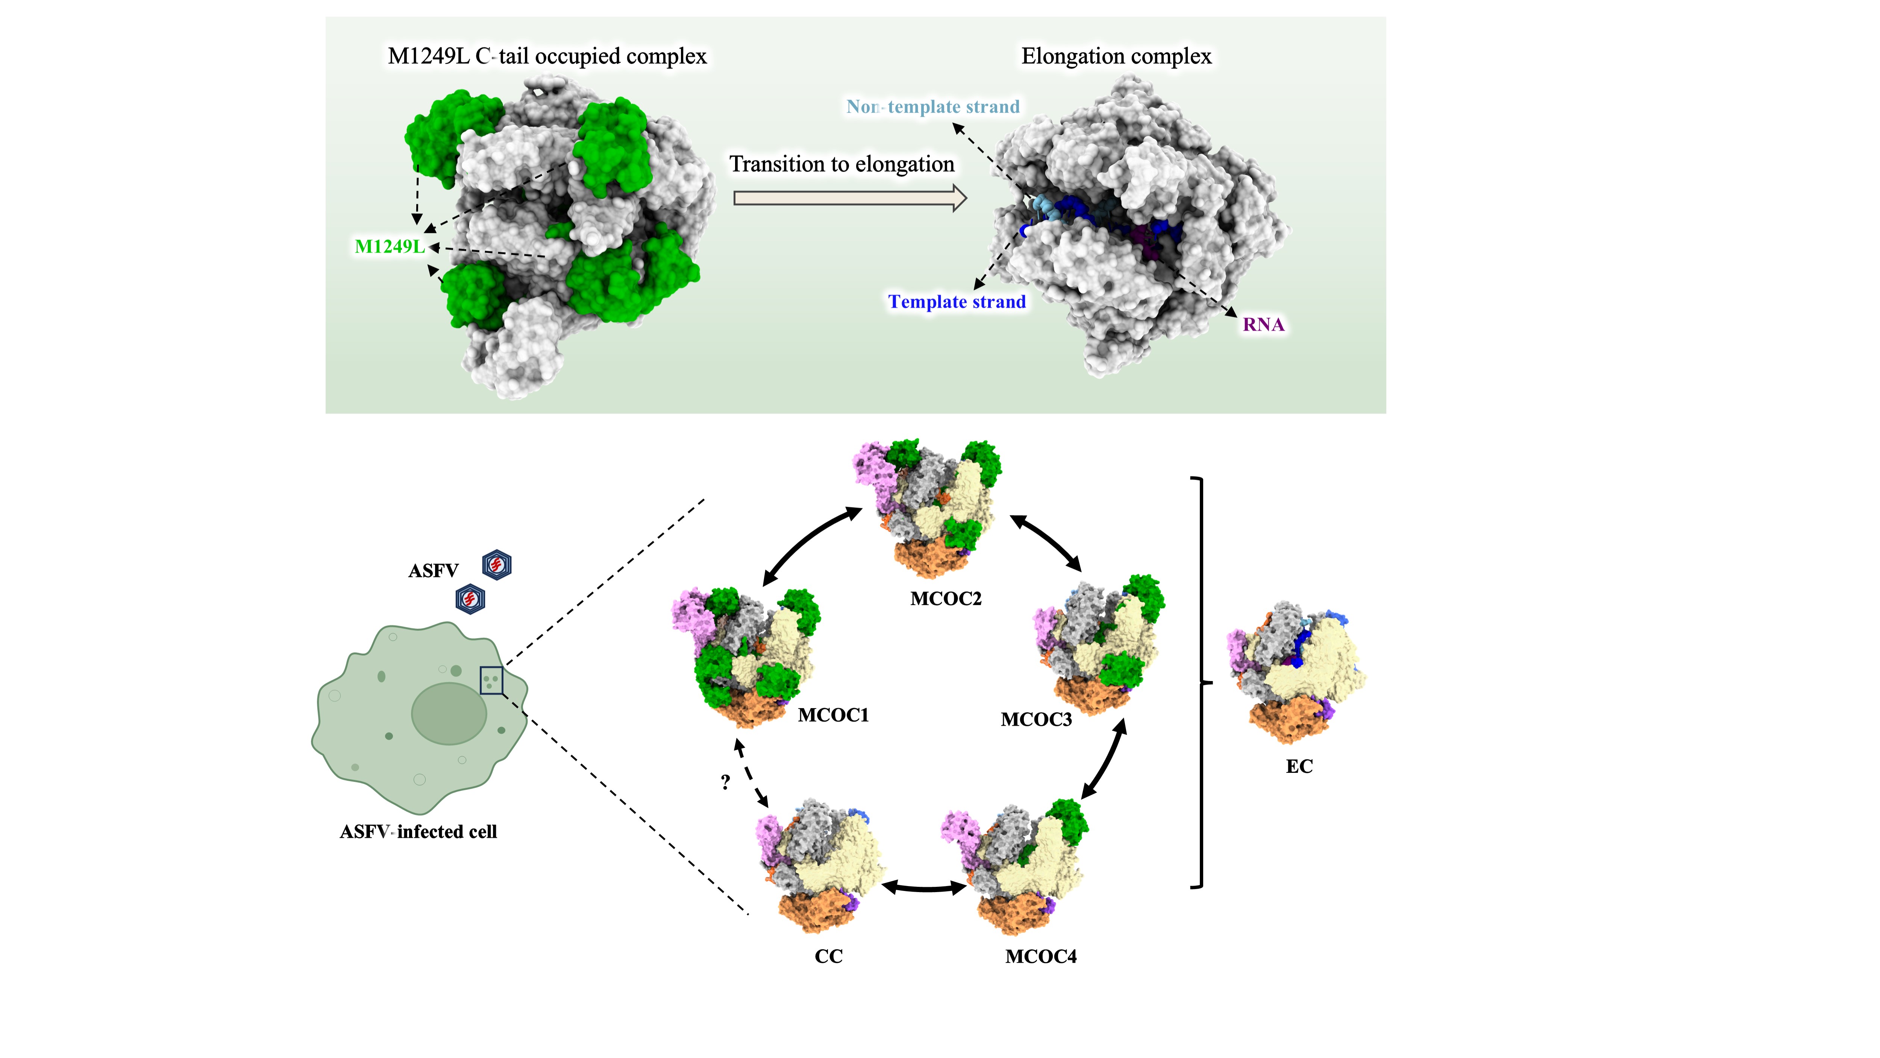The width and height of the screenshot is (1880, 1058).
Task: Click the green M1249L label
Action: [x=390, y=247]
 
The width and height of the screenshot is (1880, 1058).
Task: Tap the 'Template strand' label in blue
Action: [x=957, y=301]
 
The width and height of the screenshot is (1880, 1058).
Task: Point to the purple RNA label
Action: [x=1263, y=324]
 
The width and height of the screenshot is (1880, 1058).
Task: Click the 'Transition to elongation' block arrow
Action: [x=850, y=198]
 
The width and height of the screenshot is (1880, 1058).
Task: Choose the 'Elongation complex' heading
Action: [x=1116, y=56]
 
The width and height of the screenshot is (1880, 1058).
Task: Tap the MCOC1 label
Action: [x=834, y=715]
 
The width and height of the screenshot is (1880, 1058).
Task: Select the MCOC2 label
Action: [x=946, y=599]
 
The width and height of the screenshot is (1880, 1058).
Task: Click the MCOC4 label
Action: [x=1041, y=956]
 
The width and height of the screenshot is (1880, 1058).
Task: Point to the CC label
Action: [x=828, y=956]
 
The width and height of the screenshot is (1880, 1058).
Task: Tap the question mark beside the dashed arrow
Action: [x=725, y=782]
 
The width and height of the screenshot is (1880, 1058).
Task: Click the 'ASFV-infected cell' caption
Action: [x=418, y=832]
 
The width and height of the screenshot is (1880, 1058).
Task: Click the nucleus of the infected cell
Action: [x=449, y=713]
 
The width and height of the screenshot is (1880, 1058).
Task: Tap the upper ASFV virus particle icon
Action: [x=497, y=564]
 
